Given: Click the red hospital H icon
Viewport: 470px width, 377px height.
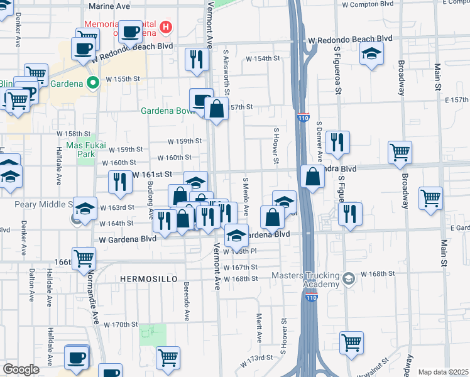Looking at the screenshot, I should click(166, 27).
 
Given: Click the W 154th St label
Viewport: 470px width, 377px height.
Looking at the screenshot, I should click(262, 58).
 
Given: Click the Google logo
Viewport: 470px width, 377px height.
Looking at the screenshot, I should click(21, 369).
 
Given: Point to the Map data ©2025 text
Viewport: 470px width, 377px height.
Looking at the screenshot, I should click(443, 372).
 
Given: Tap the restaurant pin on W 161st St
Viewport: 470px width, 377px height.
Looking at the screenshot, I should click(119, 182).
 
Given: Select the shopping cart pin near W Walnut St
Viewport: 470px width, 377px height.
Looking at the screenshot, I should click(351, 342).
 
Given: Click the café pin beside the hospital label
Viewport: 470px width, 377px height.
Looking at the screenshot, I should click(131, 31).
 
